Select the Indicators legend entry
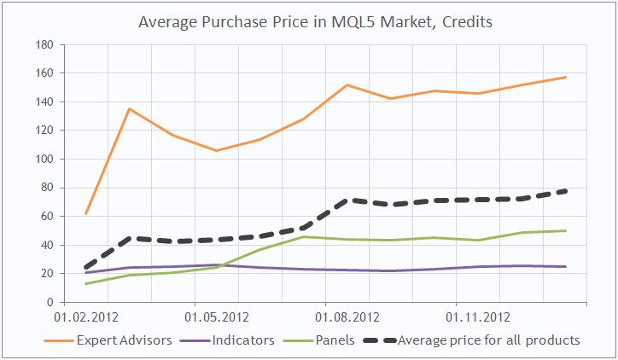pyautogui.click(x=244, y=340)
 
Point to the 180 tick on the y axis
pyautogui.click(x=44, y=44)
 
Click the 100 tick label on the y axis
pyautogui.click(x=44, y=160)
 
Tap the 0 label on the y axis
pyautogui.click(x=50, y=302)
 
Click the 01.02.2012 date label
pyautogui.click(x=86, y=318)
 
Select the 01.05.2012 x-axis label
pyautogui.click(x=221, y=318)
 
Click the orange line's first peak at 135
pyautogui.click(x=129, y=108)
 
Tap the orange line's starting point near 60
pyautogui.click(x=86, y=213)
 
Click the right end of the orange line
pyautogui.click(x=565, y=78)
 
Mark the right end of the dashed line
pyautogui.click(x=565, y=191)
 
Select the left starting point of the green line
pyautogui.click(x=86, y=283)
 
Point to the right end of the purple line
pyautogui.click(x=565, y=266)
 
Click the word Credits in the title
pyautogui.click(x=466, y=20)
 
